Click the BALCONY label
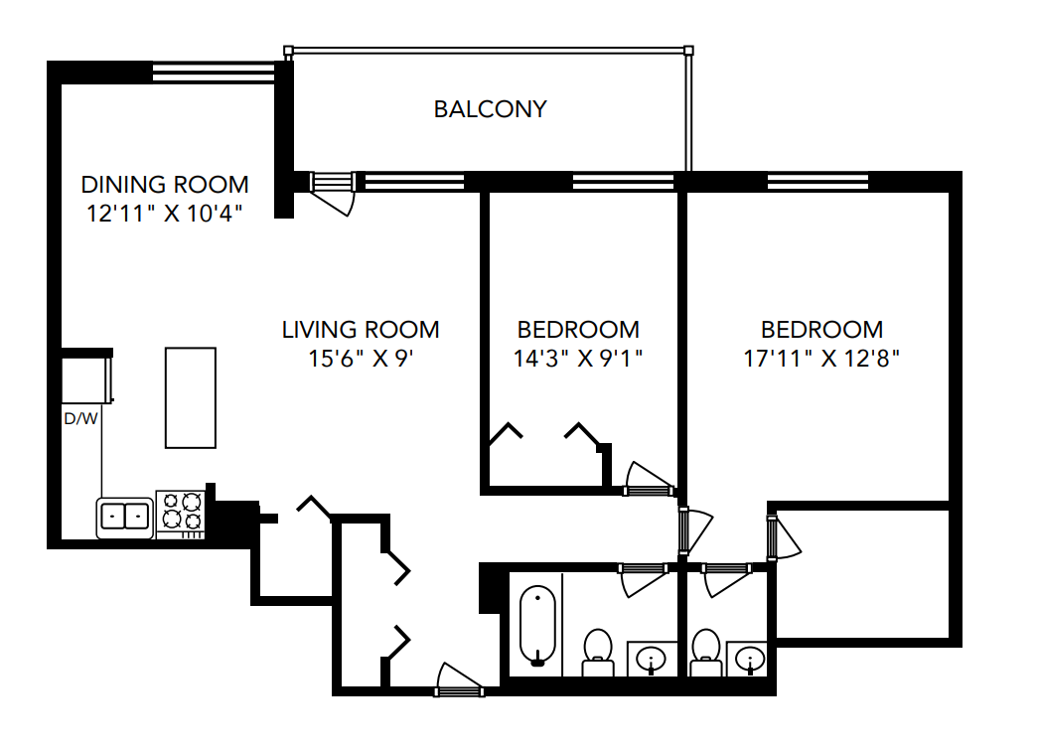coord(490,109)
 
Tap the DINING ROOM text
coord(165,185)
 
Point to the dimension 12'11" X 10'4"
coord(165,213)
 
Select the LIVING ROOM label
coord(361,330)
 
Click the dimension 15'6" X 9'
coord(361,358)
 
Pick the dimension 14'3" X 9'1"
coord(578,358)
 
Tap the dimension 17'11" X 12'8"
coord(821,358)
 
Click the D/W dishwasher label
coord(81,418)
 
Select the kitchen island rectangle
coord(190,397)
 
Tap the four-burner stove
coord(181,512)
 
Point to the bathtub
coord(537,625)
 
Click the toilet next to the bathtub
coord(597,651)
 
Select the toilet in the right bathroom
coord(706,651)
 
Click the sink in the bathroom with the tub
coord(652,658)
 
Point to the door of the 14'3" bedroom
coord(648,480)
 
